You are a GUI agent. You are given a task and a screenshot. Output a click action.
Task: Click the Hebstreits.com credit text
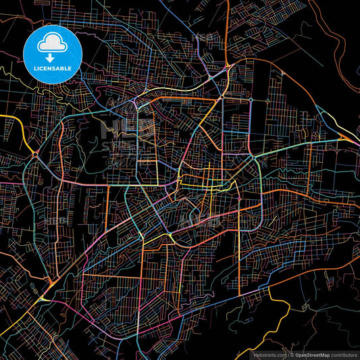269,354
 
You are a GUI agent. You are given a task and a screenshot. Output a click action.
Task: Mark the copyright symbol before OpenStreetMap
292,354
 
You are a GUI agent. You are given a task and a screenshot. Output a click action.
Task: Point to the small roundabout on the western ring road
35,155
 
